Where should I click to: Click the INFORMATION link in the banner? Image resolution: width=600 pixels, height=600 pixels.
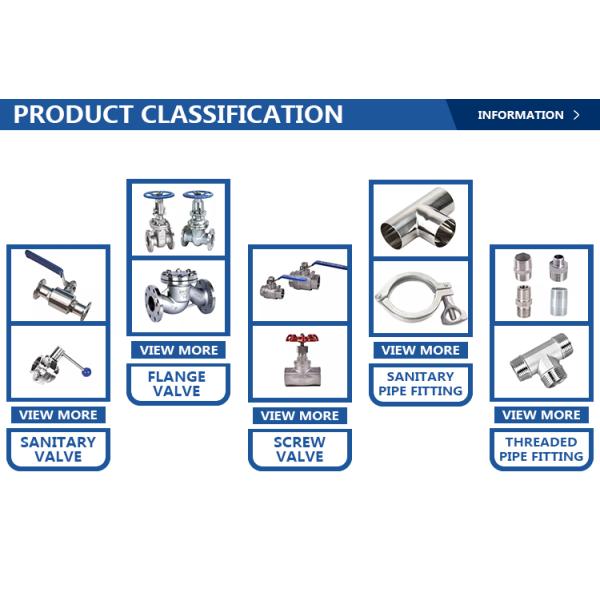coord(520,115)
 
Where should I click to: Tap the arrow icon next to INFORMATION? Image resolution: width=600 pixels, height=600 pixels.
coord(576,115)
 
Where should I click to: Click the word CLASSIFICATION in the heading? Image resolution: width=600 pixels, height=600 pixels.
coord(242,114)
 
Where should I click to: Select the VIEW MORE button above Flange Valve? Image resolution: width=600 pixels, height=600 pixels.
coord(178,350)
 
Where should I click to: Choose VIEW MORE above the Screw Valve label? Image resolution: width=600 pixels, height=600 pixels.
coord(300,416)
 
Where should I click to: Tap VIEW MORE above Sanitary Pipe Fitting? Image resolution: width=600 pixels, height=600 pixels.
coord(421,350)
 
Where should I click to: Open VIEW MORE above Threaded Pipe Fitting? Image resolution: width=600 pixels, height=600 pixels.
coord(541,415)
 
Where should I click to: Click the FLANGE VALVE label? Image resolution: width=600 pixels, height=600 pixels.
coord(177,384)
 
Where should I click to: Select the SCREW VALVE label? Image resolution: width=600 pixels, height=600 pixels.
coord(300,449)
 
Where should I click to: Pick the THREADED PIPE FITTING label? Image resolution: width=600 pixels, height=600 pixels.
coord(541,449)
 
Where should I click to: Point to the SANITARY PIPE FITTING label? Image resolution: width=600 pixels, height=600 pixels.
coord(420,384)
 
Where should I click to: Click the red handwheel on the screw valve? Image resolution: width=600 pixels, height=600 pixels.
coord(302,339)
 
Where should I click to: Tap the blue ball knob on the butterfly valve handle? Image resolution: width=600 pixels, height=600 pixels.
coord(87,372)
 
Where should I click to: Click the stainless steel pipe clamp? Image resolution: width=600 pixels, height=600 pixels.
coord(421,298)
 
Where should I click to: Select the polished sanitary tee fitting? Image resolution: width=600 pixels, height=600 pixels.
coord(418,218)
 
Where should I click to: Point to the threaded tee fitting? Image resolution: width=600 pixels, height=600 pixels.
coord(541,361)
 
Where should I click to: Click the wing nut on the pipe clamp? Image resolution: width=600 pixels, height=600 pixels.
coord(453,313)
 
